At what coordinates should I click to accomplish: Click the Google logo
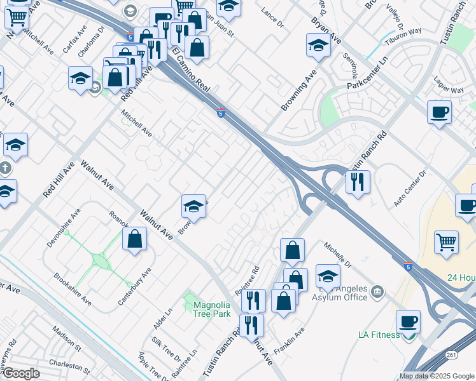20,374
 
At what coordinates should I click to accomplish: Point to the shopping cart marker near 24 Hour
447,242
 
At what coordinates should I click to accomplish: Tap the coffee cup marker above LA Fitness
408,321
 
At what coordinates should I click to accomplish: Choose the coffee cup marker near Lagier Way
439,112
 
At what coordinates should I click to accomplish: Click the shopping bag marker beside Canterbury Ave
135,239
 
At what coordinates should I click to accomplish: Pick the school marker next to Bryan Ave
318,45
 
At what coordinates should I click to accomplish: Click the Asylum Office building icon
377,291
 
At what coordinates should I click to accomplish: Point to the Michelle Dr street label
337,254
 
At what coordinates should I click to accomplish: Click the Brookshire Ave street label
72,289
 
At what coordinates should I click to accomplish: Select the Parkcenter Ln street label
367,76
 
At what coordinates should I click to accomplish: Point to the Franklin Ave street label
290,340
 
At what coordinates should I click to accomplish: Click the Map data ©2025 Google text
435,376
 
